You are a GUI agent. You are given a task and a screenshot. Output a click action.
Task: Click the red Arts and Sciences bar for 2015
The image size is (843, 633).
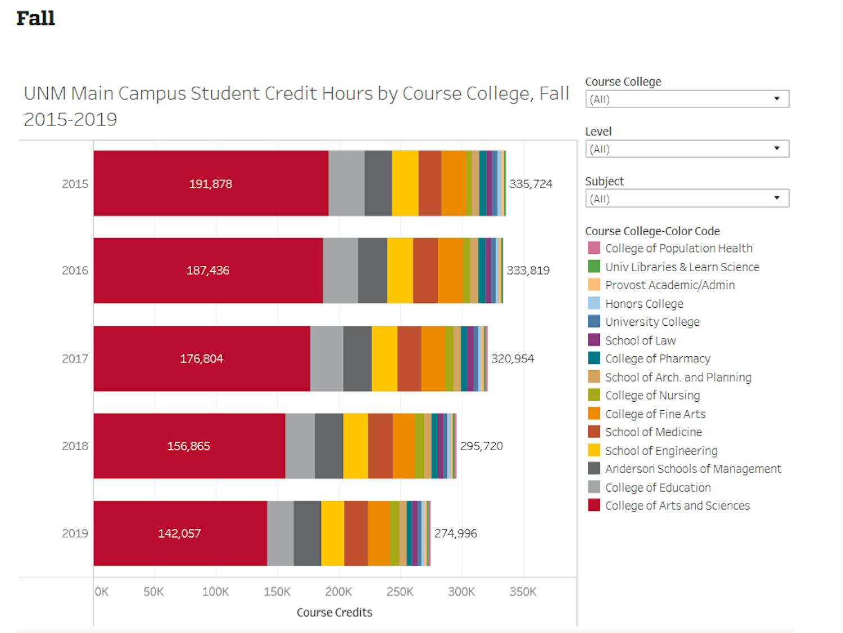211,183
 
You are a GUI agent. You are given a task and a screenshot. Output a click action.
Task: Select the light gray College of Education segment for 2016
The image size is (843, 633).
340,271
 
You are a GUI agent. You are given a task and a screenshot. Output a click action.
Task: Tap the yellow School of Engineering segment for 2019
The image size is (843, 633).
332,533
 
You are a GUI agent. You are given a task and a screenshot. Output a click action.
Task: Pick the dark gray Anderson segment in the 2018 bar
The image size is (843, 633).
329,446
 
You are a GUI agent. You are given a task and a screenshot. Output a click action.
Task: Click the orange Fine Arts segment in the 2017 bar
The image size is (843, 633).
433,358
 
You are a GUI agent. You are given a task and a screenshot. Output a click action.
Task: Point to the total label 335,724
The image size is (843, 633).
531,184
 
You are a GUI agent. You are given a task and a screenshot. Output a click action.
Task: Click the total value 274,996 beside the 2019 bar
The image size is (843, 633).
455,533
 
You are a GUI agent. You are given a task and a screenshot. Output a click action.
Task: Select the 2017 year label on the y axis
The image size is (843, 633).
75,358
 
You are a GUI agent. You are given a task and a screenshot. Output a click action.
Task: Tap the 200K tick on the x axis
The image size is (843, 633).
338,592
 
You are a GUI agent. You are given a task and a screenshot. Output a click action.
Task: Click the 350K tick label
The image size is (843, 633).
523,592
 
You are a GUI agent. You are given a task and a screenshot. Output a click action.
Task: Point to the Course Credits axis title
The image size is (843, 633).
334,612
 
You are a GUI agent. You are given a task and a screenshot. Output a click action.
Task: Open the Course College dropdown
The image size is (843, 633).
687,99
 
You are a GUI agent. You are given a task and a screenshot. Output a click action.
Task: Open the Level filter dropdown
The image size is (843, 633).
687,149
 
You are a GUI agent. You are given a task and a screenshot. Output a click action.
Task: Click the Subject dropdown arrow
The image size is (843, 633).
777,198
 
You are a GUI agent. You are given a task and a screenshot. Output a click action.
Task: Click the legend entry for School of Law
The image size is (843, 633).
640,340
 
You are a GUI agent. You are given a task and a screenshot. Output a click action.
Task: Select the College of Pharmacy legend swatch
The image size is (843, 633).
594,358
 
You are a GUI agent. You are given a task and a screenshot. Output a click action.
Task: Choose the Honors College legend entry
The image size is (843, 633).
644,304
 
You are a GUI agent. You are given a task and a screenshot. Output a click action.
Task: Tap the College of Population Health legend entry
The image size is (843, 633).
678,248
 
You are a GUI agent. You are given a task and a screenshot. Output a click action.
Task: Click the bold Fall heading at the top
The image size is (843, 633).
35,19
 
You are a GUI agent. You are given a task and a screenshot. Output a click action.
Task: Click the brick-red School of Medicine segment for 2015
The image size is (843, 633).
429,183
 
